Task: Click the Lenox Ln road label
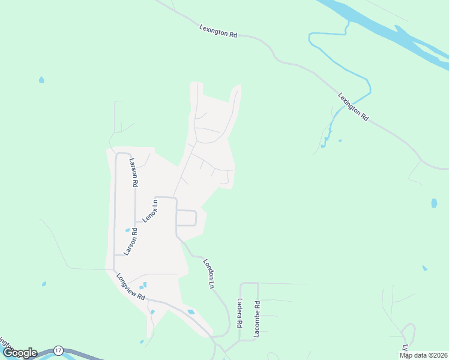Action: click(151, 211)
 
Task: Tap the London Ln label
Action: click(209, 274)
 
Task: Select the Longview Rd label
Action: click(131, 287)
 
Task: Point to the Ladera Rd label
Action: click(239, 313)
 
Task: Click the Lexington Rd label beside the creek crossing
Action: click(353, 107)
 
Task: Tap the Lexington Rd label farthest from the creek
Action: click(218, 31)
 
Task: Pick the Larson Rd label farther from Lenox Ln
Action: click(133, 172)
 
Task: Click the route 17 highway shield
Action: click(58, 350)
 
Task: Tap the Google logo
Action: click(19, 353)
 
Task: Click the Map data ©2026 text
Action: click(423, 355)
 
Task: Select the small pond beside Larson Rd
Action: click(127, 230)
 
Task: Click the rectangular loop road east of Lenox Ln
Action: click(187, 218)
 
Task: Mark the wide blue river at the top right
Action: click(384, 30)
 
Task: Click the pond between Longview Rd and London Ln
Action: click(191, 311)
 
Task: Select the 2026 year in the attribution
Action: click(439, 355)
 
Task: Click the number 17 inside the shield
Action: click(58, 350)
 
